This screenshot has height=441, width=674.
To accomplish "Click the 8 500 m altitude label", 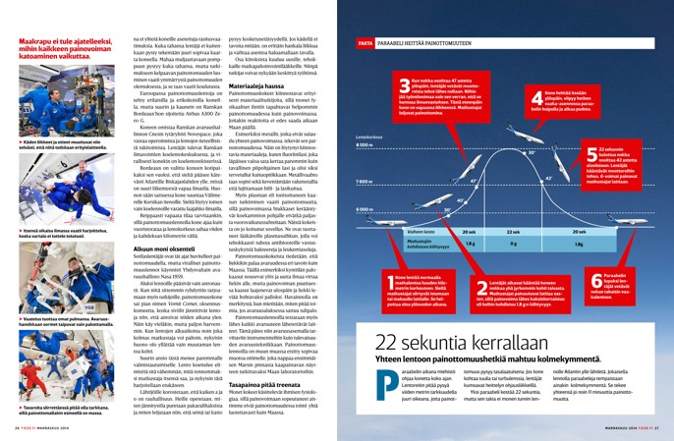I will tap(366, 145).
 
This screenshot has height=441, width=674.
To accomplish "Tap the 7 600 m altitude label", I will tap(366, 182).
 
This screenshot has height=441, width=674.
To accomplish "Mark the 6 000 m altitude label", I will tap(366, 209).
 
